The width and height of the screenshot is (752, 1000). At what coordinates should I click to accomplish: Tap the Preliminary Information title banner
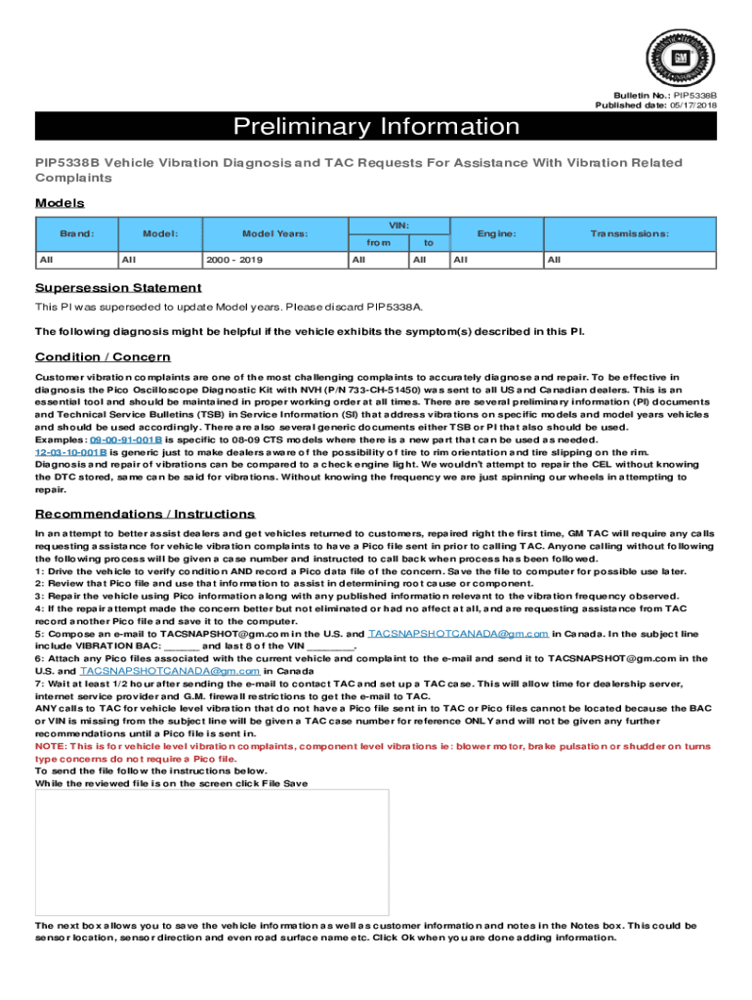[x=375, y=127]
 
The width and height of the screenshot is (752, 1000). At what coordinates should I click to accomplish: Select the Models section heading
[x=60, y=203]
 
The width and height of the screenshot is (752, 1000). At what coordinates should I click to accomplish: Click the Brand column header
[x=75, y=234]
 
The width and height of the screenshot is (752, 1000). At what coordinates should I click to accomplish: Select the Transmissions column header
[x=629, y=234]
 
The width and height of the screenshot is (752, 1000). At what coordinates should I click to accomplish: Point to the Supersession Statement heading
[x=118, y=287]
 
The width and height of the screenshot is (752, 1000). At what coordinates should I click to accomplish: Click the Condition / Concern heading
[x=103, y=356]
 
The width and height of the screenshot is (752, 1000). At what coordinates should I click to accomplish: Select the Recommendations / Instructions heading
[x=145, y=514]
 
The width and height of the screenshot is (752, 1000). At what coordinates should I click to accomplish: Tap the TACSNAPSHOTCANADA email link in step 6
[x=170, y=671]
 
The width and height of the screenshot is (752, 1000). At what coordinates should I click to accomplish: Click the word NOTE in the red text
[x=51, y=745]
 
